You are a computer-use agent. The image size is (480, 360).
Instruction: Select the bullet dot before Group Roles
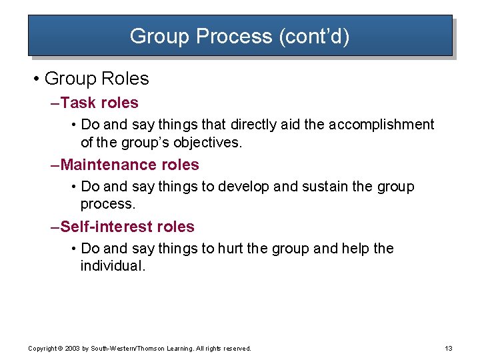coord(35,79)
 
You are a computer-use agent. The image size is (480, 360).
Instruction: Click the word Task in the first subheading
coord(78,103)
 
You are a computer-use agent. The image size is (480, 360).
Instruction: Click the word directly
coord(257,125)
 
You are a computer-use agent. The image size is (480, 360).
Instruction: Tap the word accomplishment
coord(381,125)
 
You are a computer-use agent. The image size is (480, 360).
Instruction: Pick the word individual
coord(112,265)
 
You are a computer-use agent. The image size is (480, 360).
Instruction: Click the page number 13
coord(448,348)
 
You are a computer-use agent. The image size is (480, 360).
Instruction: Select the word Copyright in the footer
coord(42,349)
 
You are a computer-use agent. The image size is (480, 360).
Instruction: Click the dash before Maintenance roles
coord(55,165)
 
